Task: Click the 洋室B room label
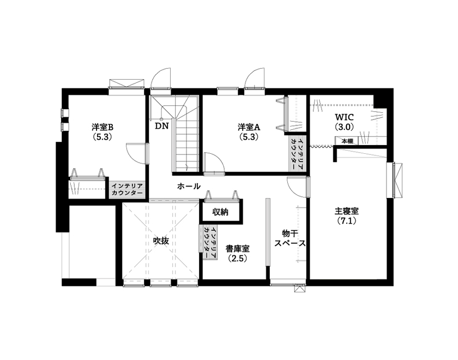tap(102, 127)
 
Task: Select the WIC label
tap(345, 117)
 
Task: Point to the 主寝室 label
tap(346, 211)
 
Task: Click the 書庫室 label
tap(237, 249)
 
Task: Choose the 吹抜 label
tap(161, 240)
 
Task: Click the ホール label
tap(189, 187)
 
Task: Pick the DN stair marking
tap(161, 127)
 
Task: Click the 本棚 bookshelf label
tap(347, 141)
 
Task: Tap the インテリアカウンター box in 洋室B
tap(127, 189)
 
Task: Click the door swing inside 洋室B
tap(134, 152)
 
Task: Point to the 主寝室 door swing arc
tap(297, 187)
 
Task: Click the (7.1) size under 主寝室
tap(346, 221)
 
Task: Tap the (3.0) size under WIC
tap(345, 127)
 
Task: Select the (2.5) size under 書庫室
tap(237, 259)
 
